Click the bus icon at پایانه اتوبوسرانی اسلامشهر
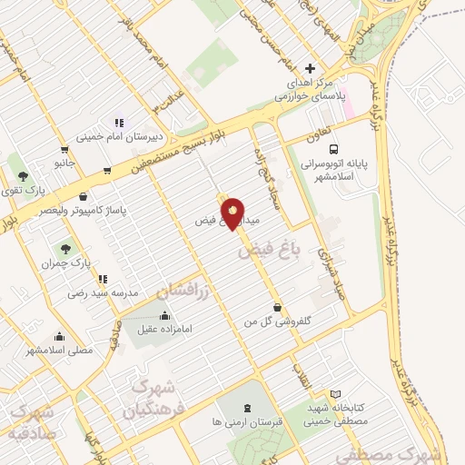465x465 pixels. (333, 149)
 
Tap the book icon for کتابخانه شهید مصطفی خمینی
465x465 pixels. (335, 394)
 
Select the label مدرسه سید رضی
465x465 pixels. (102, 293)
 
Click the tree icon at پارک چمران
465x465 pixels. (65, 248)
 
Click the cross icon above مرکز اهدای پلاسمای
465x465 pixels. (311, 68)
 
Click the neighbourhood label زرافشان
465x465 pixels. (182, 292)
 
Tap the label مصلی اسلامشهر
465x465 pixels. (59, 350)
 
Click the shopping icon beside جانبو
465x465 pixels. (64, 150)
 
